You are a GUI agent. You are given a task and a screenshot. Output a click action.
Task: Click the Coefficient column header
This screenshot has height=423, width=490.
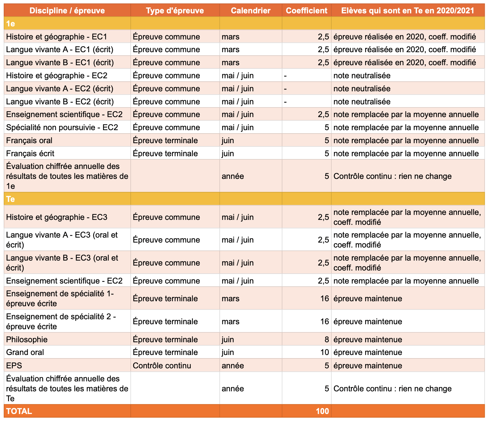306,11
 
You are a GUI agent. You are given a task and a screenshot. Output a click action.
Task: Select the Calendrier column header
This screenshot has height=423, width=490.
251,11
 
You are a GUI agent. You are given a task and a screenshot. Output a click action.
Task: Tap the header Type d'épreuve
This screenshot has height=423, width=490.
175,11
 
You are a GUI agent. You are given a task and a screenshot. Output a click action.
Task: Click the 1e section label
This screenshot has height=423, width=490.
11,24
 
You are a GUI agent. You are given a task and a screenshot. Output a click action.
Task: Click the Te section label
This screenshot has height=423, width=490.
11,199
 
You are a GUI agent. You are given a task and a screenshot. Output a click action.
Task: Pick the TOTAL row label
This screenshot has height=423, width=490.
19,411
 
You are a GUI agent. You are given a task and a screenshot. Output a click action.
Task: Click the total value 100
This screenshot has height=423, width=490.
322,411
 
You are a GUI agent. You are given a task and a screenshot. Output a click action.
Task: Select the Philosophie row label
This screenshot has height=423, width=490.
27,339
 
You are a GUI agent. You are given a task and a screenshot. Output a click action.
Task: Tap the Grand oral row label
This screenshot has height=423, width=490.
25,352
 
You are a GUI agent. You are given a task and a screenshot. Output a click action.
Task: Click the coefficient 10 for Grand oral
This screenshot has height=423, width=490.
324,352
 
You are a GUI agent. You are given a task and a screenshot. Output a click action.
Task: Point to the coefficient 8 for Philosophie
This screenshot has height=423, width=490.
327,339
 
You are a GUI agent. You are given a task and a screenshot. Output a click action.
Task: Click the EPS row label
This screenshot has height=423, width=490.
14,365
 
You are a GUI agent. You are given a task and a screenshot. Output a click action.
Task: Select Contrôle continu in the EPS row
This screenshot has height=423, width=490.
162,365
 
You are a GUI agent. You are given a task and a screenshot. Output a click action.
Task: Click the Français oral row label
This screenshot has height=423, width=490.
29,140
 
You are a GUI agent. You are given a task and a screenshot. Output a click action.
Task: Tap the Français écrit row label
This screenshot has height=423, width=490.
30,153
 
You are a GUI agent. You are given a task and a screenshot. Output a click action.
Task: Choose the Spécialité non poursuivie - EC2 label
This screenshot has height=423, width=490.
62,127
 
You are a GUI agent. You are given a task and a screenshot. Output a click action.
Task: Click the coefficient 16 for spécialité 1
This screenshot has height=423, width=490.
324,298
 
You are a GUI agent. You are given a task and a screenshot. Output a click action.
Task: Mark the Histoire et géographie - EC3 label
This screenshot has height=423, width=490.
57,217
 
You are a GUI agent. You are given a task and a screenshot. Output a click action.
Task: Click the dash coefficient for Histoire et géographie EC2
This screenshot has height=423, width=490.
285,76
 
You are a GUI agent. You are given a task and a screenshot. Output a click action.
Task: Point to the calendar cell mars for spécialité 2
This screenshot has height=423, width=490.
230,321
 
